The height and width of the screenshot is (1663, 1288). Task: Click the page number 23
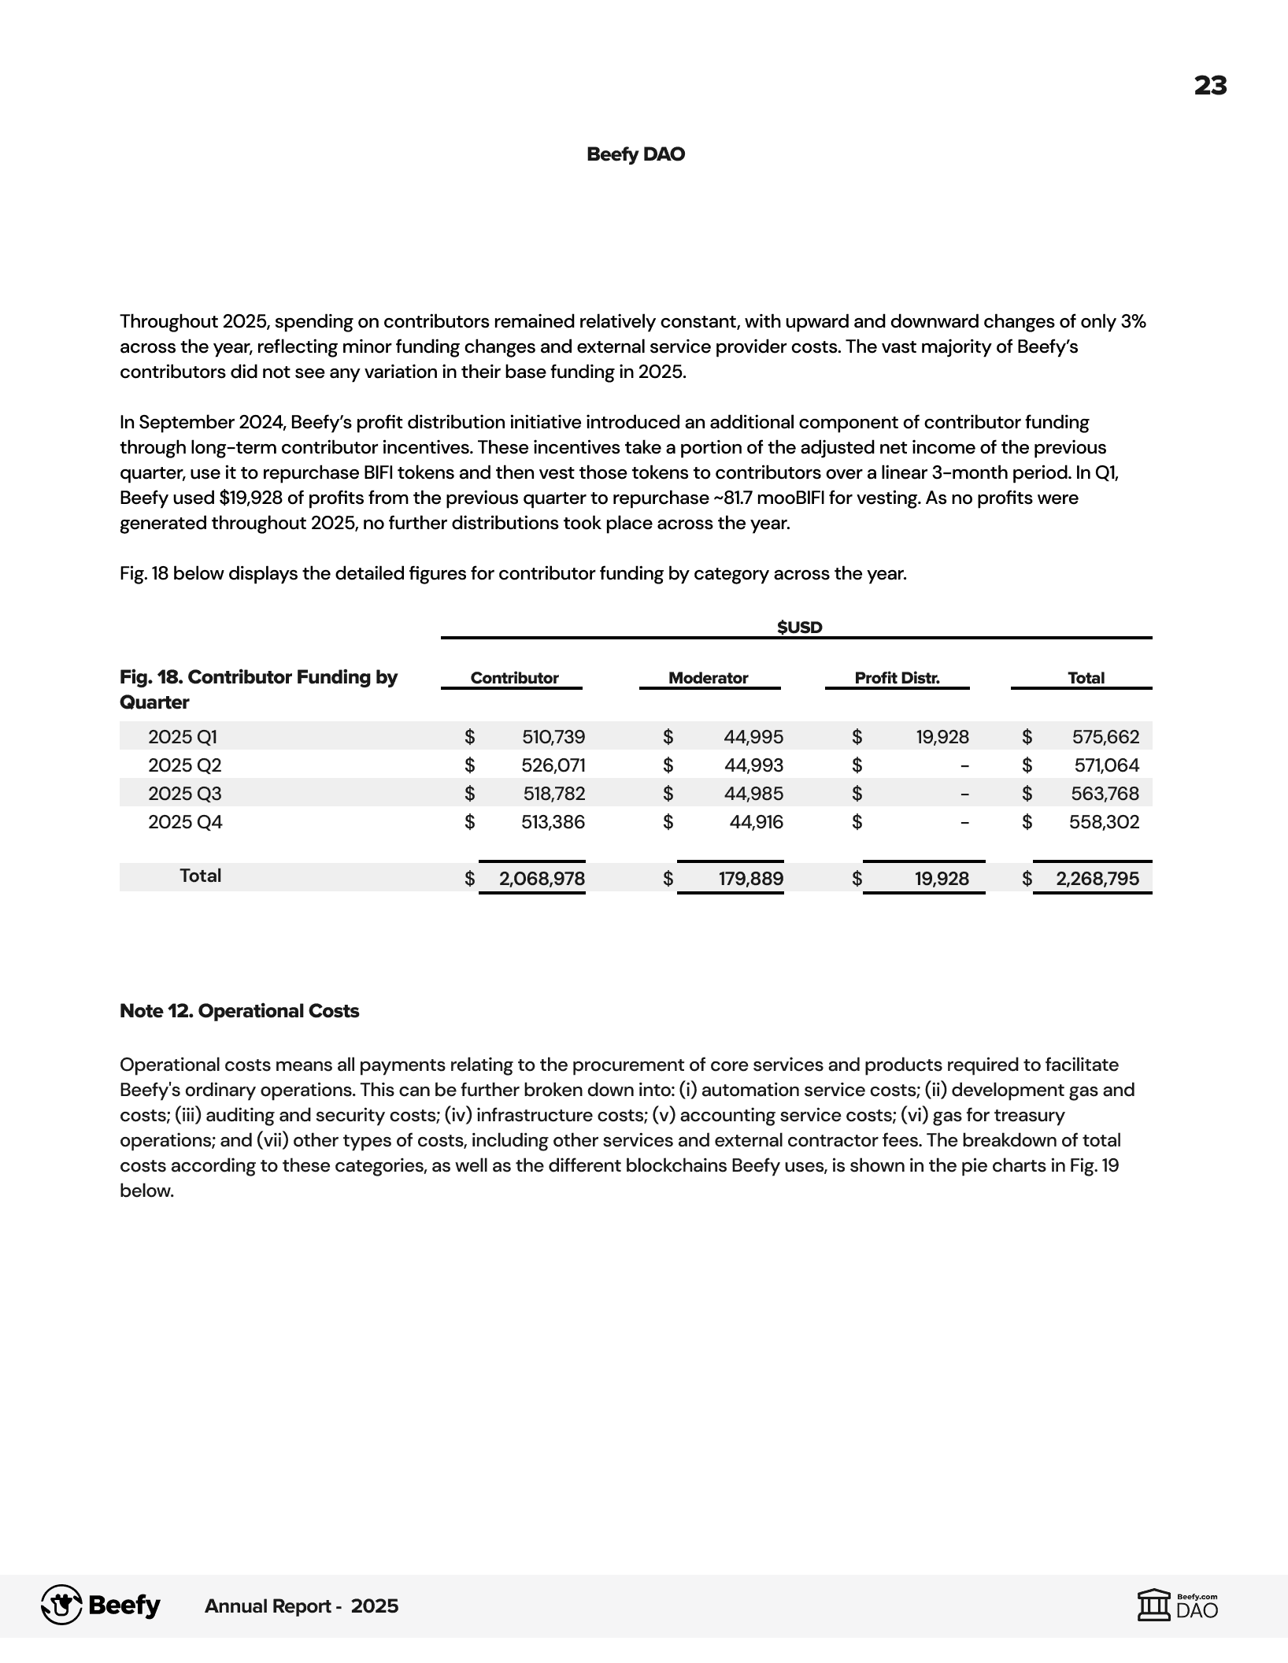[x=1210, y=85]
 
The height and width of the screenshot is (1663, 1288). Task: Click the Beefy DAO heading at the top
[x=635, y=154]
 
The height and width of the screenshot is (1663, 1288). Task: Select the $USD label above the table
[x=799, y=627]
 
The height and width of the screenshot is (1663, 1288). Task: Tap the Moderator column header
[x=708, y=678]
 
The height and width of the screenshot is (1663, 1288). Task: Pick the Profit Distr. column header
[x=897, y=678]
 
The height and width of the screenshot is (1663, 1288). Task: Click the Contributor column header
[x=514, y=678]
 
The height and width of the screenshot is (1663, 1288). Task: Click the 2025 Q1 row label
[x=183, y=737]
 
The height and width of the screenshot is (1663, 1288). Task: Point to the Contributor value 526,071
[x=553, y=765]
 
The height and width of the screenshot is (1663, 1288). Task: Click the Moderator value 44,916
[x=756, y=822]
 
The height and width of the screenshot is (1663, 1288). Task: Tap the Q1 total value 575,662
[x=1105, y=737]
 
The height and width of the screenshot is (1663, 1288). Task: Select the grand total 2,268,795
[x=1097, y=879]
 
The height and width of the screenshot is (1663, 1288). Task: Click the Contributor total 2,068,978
[x=542, y=879]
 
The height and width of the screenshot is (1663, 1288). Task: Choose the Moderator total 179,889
[x=750, y=879]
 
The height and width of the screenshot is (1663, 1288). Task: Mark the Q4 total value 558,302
[x=1104, y=822]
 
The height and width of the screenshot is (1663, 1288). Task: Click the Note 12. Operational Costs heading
[x=239, y=1011]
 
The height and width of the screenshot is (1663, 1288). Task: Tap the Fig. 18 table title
[x=258, y=689]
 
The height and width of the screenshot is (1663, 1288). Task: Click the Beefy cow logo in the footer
[x=61, y=1605]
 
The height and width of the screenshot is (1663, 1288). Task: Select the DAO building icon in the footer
[x=1154, y=1605]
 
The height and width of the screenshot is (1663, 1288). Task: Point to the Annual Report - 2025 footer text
[x=302, y=1606]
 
